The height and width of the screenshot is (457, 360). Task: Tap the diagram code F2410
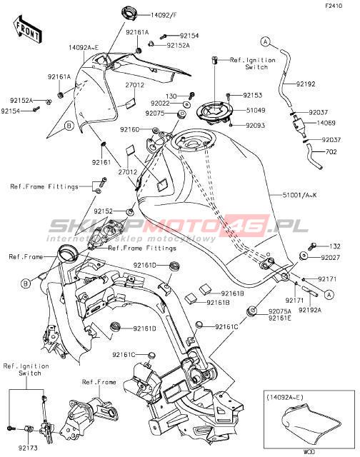pyautogui.click(x=334, y=6)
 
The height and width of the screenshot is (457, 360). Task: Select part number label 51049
pyautogui.click(x=256, y=111)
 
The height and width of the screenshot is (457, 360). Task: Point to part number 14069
pyautogui.click(x=326, y=123)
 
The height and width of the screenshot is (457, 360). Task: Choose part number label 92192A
pyautogui.click(x=310, y=310)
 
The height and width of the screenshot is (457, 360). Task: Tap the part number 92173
pyautogui.click(x=28, y=448)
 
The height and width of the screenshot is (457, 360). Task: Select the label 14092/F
pyautogui.click(x=164, y=15)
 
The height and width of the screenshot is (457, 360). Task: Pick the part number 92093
pyautogui.click(x=255, y=126)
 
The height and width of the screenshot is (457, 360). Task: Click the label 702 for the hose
pyautogui.click(x=331, y=152)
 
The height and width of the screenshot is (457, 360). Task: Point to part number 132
pyautogui.click(x=334, y=246)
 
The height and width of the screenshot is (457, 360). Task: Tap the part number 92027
pyautogui.click(x=331, y=258)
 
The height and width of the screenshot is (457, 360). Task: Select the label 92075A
pyautogui.click(x=280, y=311)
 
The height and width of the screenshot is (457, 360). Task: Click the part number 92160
pyautogui.click(x=130, y=129)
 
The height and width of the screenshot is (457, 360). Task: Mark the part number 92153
pyautogui.click(x=253, y=95)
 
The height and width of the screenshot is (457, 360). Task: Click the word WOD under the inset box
pyautogui.click(x=309, y=452)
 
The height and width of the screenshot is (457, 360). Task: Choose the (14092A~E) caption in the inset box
pyautogui.click(x=285, y=397)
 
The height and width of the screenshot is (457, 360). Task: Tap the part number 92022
pyautogui.click(x=160, y=104)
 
